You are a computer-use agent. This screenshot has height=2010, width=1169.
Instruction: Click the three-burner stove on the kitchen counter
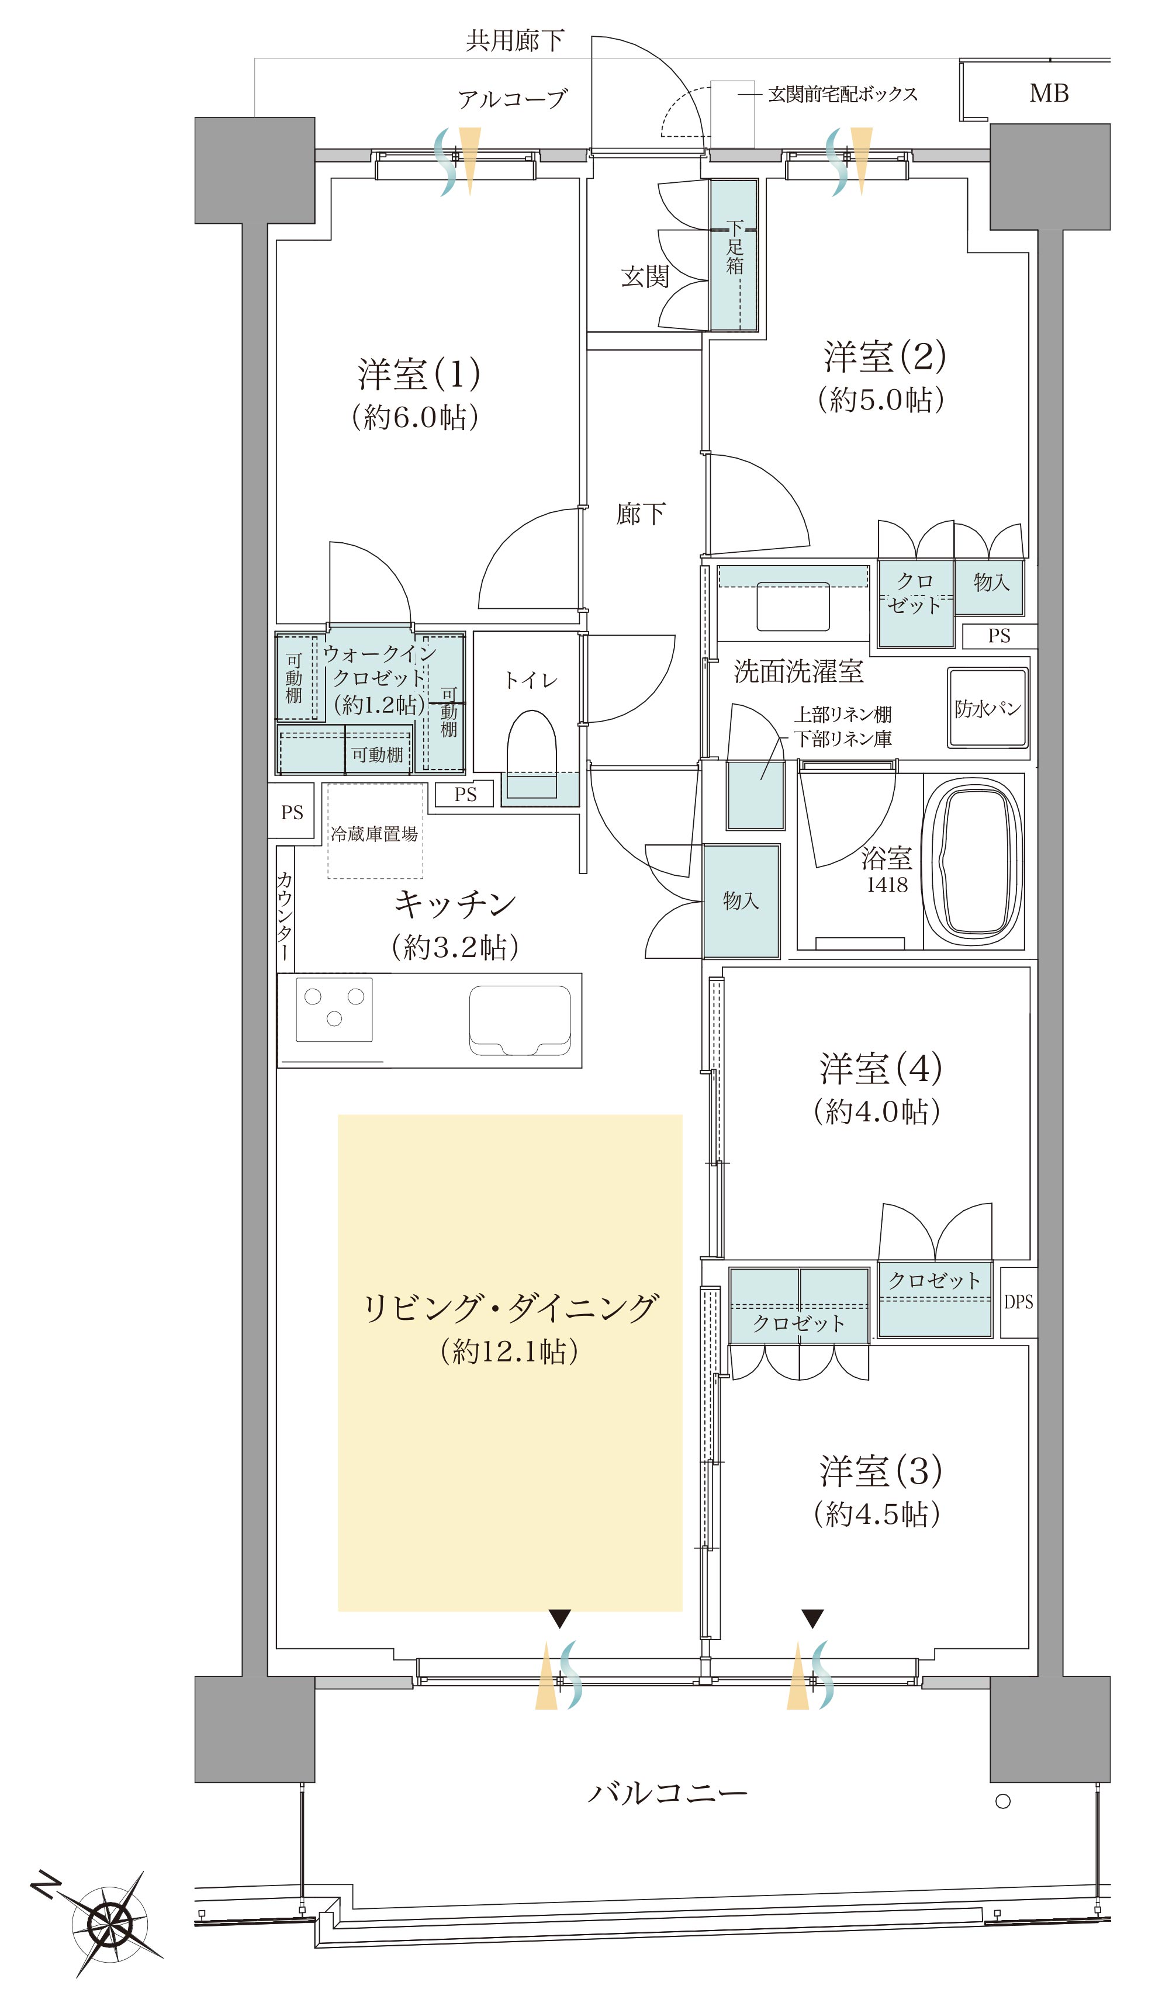coord(334,1009)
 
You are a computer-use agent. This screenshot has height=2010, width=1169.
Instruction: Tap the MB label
coord(1049,93)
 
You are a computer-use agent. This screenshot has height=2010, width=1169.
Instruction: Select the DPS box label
coord(1018,1302)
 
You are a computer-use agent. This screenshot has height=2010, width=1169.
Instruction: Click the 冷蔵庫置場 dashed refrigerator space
coord(374,831)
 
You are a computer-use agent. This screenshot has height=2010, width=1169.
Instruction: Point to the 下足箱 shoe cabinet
coord(734,254)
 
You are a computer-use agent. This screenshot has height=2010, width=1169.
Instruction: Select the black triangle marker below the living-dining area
coord(559,1619)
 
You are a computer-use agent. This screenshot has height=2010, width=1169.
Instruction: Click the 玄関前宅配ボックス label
coord(842,94)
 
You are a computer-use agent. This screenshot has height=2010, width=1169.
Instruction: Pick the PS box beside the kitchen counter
coord(291,812)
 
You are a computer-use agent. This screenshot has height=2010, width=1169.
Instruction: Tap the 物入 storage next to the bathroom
coord(741,900)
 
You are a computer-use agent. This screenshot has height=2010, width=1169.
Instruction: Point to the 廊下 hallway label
coord(640,514)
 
